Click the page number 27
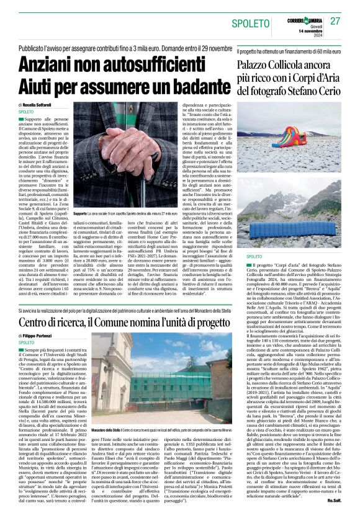pyautogui.click(x=335, y=21)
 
